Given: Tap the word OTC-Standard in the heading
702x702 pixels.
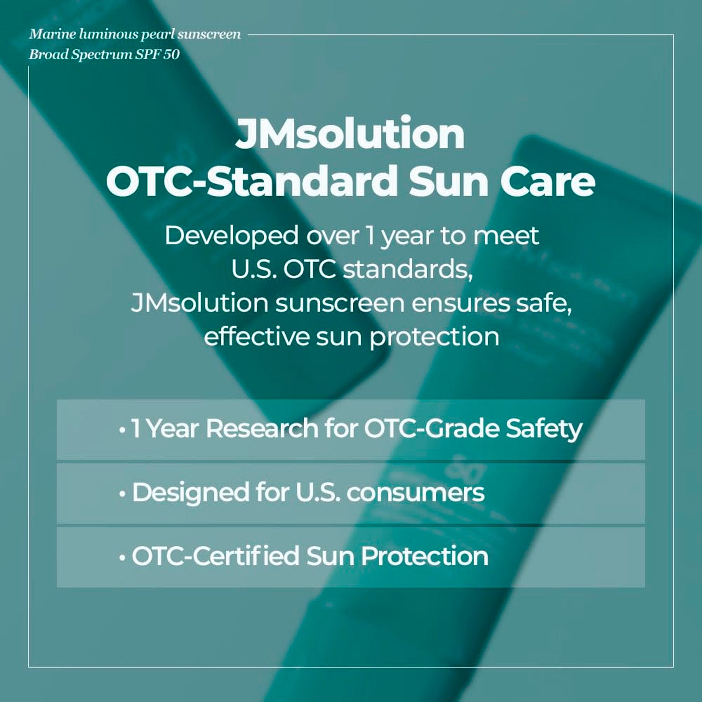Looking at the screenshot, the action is (252, 181).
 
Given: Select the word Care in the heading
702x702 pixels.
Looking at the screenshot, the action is (548, 181).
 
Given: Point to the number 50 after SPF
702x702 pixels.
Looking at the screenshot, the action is (171, 54).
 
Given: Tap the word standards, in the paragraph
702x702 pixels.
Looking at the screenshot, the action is (408, 270).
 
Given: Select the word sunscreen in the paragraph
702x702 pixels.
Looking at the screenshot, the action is (340, 303).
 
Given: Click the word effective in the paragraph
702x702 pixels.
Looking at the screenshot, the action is (256, 336).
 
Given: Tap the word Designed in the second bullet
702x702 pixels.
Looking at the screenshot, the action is (190, 493).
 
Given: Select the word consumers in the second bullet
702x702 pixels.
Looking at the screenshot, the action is (416, 493).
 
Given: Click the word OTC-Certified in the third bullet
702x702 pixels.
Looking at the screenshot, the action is (216, 556).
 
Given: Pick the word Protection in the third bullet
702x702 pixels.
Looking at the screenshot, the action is (424, 556).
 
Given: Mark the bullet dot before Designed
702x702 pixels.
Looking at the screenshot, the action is (122, 494).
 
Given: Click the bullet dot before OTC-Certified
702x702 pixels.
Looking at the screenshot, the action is (122, 558).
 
